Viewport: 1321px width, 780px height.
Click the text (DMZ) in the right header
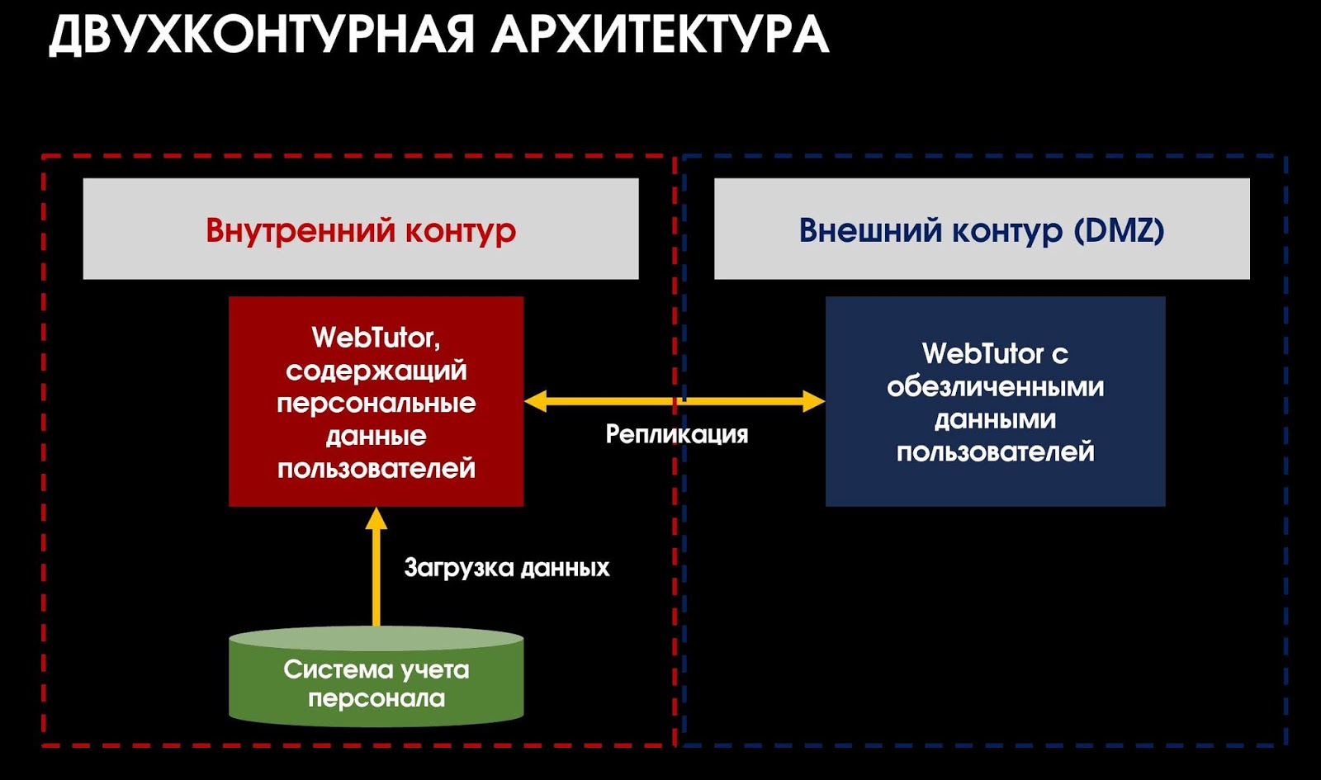[1119, 229]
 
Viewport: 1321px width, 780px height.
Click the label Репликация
[676, 434]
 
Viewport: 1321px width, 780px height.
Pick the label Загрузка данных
[506, 568]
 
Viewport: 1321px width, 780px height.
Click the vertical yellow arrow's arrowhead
[376, 518]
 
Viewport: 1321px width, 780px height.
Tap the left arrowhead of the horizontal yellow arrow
[535, 402]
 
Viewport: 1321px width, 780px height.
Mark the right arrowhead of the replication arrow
[814, 402]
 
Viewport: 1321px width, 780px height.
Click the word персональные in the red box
[376, 404]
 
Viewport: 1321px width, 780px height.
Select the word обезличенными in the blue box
[995, 387]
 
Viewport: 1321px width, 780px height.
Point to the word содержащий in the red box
[376, 371]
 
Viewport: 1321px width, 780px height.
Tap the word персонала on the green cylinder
[376, 699]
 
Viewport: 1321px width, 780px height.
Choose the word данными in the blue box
[995, 420]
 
